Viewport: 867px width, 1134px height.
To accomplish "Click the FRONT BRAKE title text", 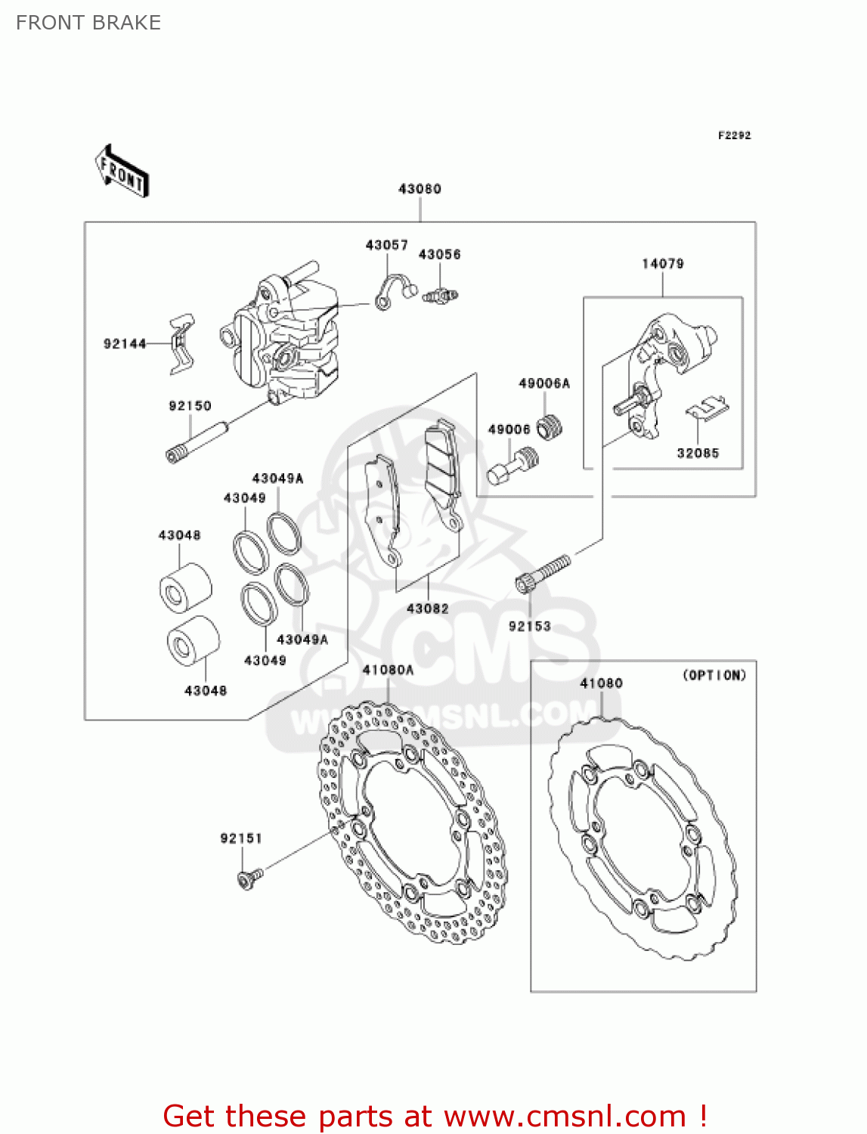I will pyautogui.click(x=88, y=23).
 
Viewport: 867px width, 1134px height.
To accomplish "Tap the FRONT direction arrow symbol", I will pyautogui.click(x=122, y=172).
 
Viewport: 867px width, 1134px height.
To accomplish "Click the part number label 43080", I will pyautogui.click(x=420, y=189).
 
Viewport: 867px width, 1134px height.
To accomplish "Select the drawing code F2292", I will pyautogui.click(x=734, y=135).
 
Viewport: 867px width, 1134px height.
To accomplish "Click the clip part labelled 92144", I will pyautogui.click(x=181, y=344).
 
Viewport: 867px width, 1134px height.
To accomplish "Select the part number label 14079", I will pyautogui.click(x=662, y=264).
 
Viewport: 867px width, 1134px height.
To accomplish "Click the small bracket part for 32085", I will pyautogui.click(x=708, y=409).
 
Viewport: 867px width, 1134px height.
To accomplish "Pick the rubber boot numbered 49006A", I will pyautogui.click(x=550, y=428).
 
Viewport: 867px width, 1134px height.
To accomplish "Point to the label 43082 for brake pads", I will pyautogui.click(x=427, y=609).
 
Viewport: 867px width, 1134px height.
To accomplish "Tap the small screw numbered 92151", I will pyautogui.click(x=249, y=878).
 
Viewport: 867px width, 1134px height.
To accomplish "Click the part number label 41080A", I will pyautogui.click(x=389, y=670).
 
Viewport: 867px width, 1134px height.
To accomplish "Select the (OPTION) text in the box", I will pyautogui.click(x=714, y=675).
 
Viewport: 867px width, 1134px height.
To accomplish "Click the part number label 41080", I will pyautogui.click(x=601, y=683).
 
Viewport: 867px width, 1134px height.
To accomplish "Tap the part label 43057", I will pyautogui.click(x=386, y=246).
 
